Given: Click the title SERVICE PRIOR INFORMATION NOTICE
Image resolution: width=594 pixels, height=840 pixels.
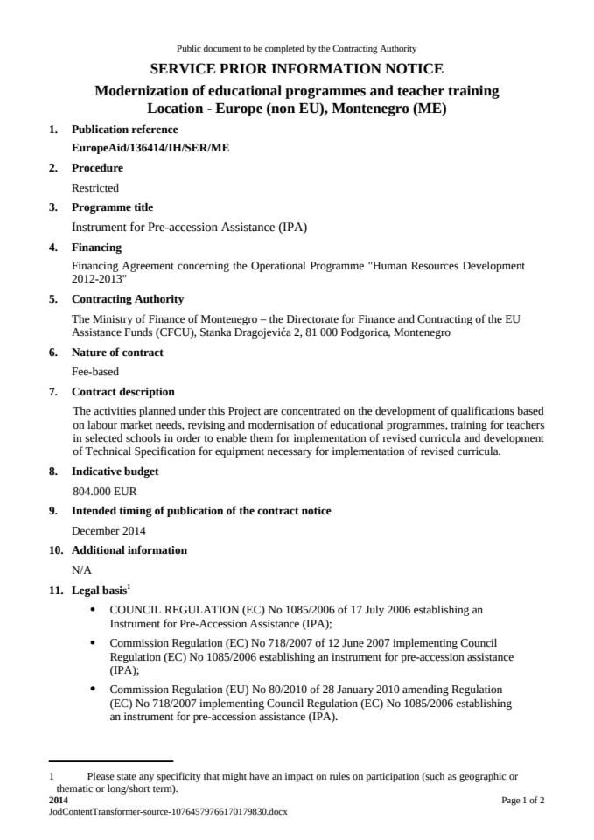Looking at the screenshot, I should pos(297,68).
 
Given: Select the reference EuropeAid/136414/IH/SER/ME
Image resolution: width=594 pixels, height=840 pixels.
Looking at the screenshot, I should pos(150,148).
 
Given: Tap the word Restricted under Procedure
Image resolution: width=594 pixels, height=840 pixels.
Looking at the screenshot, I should pos(94,187).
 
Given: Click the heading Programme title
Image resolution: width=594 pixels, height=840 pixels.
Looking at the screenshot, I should pos(112,207).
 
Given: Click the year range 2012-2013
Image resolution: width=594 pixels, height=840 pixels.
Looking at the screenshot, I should pos(99,278).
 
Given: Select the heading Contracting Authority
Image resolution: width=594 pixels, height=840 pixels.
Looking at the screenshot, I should pos(127,299).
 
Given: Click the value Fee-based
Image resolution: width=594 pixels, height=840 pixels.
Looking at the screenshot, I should pos(94,371).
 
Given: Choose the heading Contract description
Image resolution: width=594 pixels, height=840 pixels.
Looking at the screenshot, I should pos(122,392).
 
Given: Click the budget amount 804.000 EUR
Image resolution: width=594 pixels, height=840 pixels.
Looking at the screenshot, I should pos(104,492).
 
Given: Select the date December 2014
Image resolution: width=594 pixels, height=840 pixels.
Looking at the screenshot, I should pos(108,530).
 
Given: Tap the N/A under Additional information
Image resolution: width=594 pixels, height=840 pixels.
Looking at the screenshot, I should pos(81,570).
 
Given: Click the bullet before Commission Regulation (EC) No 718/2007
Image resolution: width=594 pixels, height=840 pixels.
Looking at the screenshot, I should pos(94,642).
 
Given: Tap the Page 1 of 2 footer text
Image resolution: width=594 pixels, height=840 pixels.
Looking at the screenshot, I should pos(522,800).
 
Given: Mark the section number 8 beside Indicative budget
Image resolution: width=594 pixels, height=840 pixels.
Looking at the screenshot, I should pos(53,472).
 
